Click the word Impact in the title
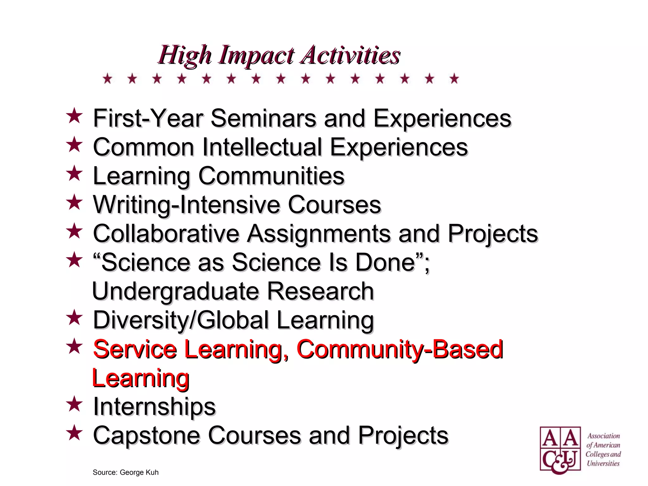256,55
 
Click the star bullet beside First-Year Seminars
74,116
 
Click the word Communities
271,176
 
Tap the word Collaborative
166,234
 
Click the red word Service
135,349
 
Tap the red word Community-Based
400,349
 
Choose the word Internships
154,407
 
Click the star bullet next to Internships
74,404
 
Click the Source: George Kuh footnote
126,472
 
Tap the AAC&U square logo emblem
560,450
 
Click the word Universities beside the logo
603,464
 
